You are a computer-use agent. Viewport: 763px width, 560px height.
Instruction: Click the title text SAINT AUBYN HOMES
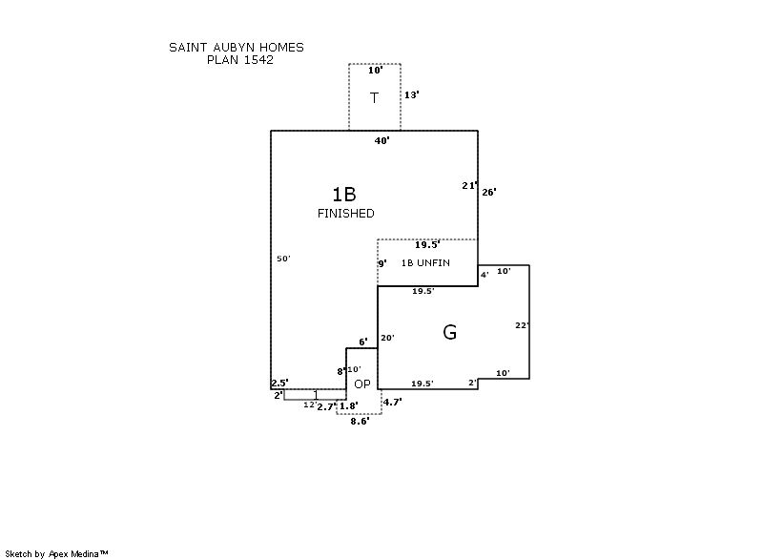click(x=237, y=47)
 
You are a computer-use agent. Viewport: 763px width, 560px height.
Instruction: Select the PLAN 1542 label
click(x=240, y=59)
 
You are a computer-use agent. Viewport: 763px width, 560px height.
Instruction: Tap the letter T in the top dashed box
click(x=375, y=97)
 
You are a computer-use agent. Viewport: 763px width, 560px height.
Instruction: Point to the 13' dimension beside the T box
click(x=412, y=95)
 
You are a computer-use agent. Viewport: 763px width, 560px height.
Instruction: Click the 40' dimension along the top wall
click(x=381, y=140)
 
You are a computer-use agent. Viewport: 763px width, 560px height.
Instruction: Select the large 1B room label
click(x=344, y=195)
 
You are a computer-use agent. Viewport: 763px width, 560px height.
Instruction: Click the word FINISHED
click(x=345, y=214)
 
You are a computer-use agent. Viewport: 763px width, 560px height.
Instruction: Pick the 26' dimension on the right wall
click(x=488, y=192)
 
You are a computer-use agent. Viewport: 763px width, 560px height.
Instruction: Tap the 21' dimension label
click(x=468, y=186)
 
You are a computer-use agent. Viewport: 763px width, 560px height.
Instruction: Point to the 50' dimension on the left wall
click(x=283, y=259)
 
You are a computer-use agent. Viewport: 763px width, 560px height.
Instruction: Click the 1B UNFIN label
click(x=425, y=262)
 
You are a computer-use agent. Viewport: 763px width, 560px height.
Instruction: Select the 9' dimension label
click(x=382, y=263)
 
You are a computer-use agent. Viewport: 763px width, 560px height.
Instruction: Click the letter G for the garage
click(x=449, y=332)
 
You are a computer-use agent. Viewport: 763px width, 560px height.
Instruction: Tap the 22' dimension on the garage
click(x=522, y=325)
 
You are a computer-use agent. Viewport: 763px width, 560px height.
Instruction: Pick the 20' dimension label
click(x=387, y=338)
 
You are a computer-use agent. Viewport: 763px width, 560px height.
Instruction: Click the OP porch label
click(x=362, y=384)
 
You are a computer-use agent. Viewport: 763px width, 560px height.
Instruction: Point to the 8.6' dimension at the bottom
click(x=360, y=421)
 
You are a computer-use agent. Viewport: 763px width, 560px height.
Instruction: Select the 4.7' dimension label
click(x=392, y=402)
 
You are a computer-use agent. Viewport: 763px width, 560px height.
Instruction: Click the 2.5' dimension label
click(x=279, y=383)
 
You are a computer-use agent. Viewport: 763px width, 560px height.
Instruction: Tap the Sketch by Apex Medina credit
click(x=57, y=553)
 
